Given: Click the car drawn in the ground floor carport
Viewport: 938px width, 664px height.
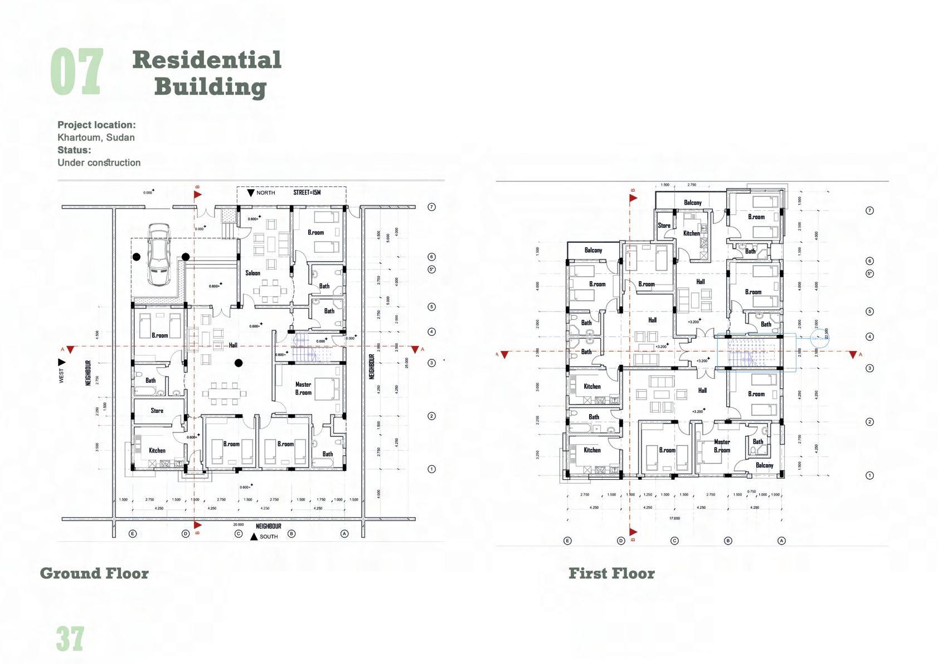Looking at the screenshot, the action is click(159, 255).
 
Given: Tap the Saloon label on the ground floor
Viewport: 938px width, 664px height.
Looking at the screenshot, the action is click(252, 273).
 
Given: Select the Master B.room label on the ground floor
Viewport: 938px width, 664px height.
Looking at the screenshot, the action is click(303, 388).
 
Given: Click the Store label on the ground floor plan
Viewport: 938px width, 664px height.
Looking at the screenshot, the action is click(157, 411).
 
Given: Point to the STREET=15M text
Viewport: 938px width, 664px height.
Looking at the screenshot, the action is click(307, 193).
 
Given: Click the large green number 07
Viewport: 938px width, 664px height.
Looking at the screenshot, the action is click(77, 72).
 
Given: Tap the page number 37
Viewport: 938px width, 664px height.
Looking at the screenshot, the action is click(70, 639).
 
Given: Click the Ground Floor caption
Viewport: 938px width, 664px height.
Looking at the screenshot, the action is click(94, 574).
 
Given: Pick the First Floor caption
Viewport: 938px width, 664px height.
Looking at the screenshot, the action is click(611, 574).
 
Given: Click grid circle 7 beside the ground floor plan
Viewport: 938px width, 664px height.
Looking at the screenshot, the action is click(431, 207).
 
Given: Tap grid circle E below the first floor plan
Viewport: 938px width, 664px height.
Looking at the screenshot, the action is click(567, 541).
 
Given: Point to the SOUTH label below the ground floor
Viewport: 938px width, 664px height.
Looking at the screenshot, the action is click(269, 537).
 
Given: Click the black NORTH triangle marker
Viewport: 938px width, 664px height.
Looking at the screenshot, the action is click(251, 193).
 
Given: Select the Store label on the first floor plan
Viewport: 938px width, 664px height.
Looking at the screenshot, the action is click(664, 226).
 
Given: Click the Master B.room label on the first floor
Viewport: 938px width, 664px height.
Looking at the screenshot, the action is click(722, 446).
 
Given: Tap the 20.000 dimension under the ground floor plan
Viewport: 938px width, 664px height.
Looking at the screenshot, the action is click(239, 525).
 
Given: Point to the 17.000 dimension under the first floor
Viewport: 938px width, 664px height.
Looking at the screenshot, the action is click(674, 518).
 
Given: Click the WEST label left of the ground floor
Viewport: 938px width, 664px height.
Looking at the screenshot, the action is click(61, 376).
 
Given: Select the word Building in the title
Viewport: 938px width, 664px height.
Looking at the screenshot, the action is click(210, 87).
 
